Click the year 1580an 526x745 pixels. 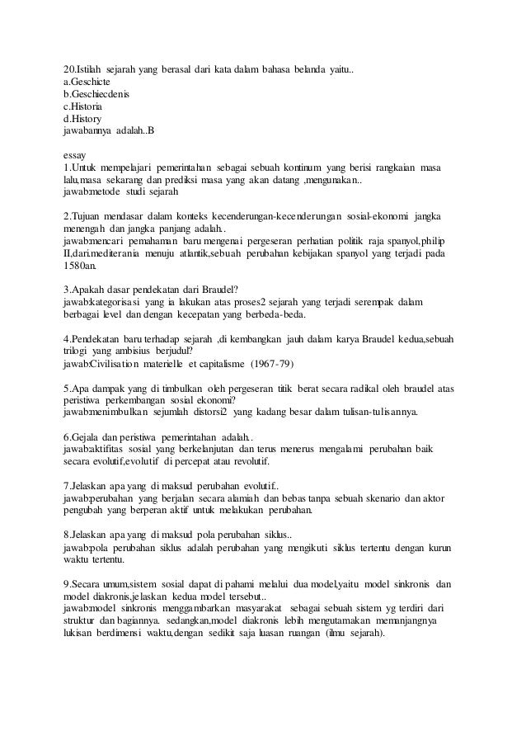tap(79, 268)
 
